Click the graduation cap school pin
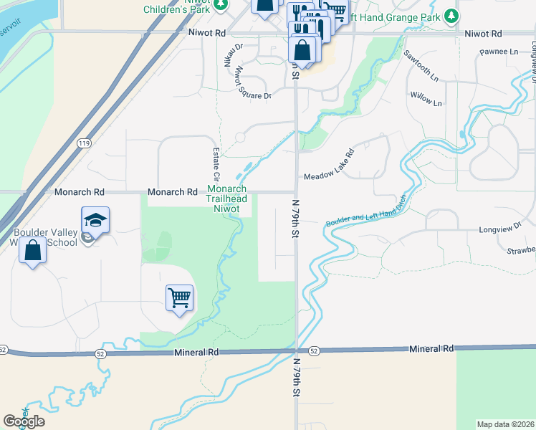click(x=95, y=219)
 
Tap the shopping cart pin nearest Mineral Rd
click(x=179, y=297)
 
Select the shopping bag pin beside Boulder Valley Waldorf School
click(x=32, y=251)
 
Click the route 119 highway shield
click(x=85, y=143)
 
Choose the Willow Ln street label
click(x=426, y=99)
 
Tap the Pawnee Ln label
click(x=499, y=52)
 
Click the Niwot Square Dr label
click(x=244, y=85)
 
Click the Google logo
click(x=24, y=421)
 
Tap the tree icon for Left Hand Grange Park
click(x=451, y=15)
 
